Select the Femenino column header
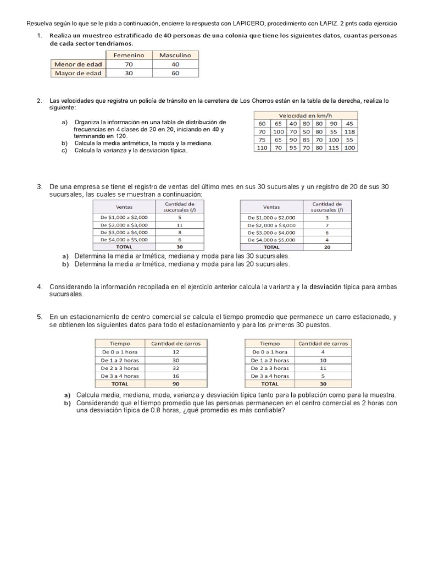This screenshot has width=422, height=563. point(129,56)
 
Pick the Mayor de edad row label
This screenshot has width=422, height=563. point(78,73)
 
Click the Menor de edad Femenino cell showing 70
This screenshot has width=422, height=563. point(129,64)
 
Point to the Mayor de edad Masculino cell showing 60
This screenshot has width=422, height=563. point(175,73)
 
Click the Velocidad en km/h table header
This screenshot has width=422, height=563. point(305,115)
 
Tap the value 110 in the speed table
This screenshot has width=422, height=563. point(262,148)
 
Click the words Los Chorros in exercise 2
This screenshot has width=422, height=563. point(255,101)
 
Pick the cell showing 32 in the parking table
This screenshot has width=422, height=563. point(176,368)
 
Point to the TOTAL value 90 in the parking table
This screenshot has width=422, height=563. point(176,384)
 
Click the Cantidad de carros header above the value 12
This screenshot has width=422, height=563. point(176,344)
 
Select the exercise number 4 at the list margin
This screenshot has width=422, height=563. point(40,287)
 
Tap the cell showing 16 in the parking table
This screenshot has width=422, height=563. point(176,376)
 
